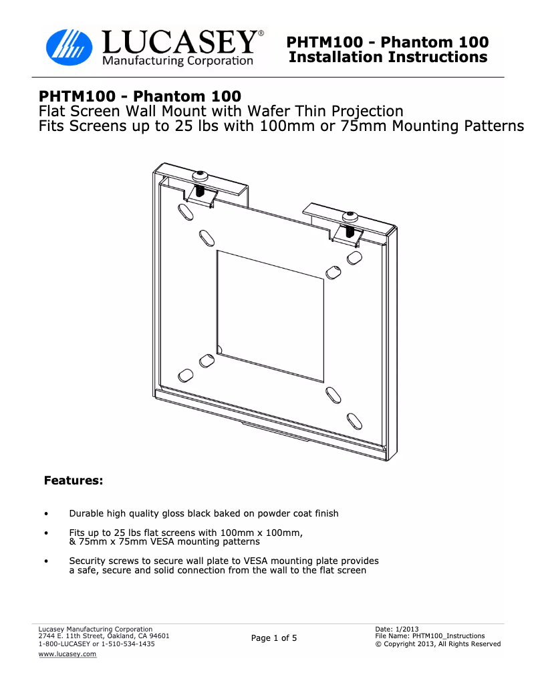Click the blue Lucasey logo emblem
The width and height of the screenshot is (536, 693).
pos(70,47)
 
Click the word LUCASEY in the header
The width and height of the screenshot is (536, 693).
pos(180,42)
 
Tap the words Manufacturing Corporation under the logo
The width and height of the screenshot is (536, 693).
pos(178,60)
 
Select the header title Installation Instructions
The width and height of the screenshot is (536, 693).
pos(388,57)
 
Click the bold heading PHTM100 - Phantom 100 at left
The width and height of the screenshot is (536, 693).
pos(140,96)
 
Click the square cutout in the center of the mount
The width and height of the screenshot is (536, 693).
pos(270,316)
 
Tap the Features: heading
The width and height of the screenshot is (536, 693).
pos(74,480)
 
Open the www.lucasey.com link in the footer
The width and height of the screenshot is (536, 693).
pos(67,654)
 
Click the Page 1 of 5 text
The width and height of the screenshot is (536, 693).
pos(274,638)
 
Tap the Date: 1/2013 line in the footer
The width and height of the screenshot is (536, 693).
pos(397,629)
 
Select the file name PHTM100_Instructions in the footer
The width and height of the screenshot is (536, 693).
pos(448,636)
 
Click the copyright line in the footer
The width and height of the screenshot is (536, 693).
pos(438,644)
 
